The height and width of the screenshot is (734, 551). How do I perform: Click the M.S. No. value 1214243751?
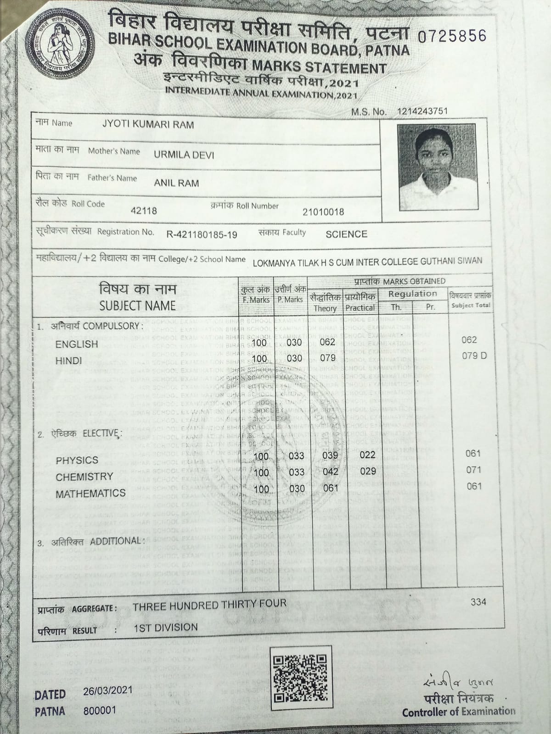[x=422, y=111]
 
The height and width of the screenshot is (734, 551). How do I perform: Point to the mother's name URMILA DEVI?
[x=184, y=155]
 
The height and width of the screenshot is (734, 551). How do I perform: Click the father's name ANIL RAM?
[x=176, y=183]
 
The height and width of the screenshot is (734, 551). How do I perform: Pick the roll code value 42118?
[x=144, y=211]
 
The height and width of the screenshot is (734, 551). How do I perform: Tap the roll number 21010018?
[x=323, y=212]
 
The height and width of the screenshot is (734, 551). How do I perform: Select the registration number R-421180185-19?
[x=202, y=235]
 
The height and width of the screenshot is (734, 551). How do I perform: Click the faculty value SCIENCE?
[x=346, y=234]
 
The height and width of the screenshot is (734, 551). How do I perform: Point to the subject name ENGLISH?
[x=77, y=344]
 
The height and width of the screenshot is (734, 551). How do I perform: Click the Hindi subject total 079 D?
[x=474, y=356]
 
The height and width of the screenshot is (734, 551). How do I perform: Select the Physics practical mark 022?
[x=367, y=455]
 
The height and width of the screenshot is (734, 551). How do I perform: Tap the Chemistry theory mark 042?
[x=330, y=472]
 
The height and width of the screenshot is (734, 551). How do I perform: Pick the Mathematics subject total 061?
[x=473, y=486]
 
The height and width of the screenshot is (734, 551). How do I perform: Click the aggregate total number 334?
[x=478, y=601]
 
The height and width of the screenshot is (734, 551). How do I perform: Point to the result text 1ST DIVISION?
[x=166, y=628]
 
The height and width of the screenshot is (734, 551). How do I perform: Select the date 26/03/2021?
[x=107, y=690]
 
